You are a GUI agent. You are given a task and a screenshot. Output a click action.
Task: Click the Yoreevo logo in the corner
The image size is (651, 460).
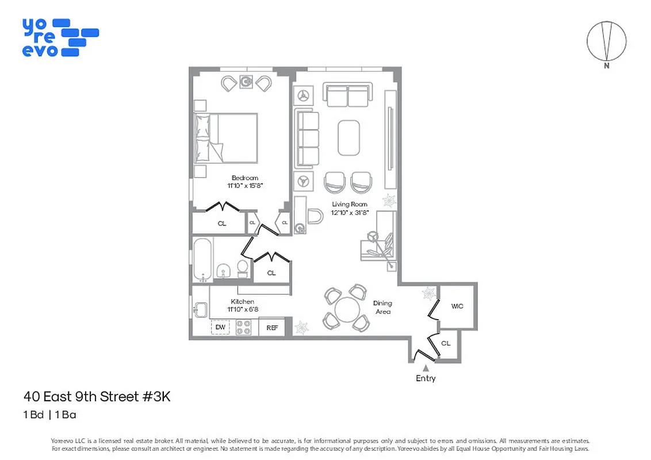(60, 38)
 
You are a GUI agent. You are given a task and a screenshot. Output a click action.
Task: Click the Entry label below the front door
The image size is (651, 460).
(426, 378)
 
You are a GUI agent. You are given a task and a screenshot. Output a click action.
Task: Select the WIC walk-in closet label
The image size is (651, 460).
(457, 306)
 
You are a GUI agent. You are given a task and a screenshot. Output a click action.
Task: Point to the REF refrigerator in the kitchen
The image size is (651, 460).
(272, 328)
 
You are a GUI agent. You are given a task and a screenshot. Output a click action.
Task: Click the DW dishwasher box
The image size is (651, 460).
(220, 327)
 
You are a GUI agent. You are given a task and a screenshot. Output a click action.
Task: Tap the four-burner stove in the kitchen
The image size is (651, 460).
(244, 327)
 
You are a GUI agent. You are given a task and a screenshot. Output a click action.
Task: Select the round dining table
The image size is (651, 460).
(347, 310)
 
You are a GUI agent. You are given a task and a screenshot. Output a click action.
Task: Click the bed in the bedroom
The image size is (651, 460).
(225, 137)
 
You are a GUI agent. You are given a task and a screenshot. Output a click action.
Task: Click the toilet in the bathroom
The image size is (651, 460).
(243, 269)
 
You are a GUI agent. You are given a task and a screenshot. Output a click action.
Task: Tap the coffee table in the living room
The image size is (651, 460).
(349, 137)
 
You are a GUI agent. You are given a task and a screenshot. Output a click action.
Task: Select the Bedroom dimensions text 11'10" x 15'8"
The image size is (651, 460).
(245, 186)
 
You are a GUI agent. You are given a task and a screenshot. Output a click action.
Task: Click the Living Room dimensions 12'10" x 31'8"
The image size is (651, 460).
(349, 212)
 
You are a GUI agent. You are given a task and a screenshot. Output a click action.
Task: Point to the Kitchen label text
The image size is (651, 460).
(242, 301)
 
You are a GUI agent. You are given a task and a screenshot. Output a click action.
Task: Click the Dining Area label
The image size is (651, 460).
(382, 307)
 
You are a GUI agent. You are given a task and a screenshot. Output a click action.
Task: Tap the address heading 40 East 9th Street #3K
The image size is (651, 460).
(97, 397)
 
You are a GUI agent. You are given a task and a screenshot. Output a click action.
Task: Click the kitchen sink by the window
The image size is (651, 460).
(200, 310)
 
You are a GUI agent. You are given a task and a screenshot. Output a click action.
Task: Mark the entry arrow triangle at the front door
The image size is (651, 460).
(426, 367)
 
